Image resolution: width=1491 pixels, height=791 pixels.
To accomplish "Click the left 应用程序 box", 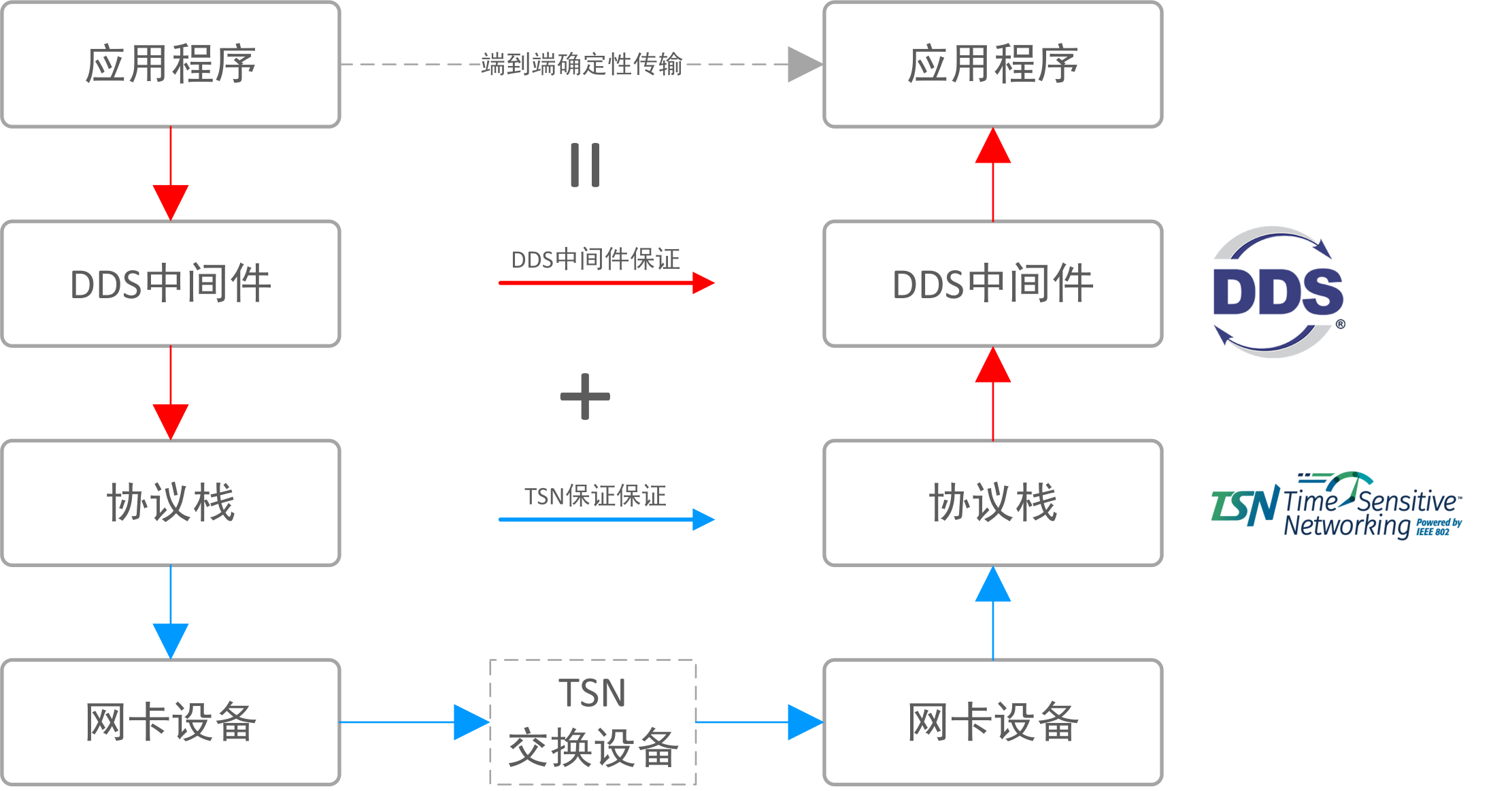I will [x=171, y=65].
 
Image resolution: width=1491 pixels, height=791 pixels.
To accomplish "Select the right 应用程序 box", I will [x=992, y=65].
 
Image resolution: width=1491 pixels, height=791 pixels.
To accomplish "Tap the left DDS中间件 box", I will [x=171, y=284].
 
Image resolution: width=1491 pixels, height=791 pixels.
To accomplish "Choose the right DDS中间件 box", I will [x=992, y=284].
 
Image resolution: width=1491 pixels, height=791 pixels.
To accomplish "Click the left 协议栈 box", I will [x=171, y=503].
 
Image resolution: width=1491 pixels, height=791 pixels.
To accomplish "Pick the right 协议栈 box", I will [x=992, y=503].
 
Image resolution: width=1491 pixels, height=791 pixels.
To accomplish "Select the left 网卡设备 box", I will [x=171, y=722].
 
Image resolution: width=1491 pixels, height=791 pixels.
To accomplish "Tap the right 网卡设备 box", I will [x=992, y=722].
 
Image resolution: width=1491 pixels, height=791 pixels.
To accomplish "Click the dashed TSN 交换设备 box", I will [x=593, y=722].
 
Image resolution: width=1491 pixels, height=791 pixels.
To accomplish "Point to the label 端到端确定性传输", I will [x=582, y=64].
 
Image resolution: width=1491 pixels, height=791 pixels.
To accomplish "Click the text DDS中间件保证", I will [x=595, y=259].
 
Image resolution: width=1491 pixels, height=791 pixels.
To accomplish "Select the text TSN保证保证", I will [x=595, y=496].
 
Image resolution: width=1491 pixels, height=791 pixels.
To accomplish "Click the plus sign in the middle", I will [x=585, y=396].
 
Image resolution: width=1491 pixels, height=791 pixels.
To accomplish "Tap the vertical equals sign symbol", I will [x=585, y=165].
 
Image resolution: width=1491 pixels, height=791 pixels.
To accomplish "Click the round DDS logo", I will [x=1278, y=292].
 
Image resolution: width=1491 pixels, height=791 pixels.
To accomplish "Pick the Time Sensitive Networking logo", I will [x=1336, y=506].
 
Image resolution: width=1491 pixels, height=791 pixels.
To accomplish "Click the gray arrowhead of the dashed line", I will [x=805, y=65].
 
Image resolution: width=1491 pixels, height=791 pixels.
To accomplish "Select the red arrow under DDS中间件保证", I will [x=605, y=282].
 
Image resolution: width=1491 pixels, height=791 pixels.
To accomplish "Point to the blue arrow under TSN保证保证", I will [x=605, y=519].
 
